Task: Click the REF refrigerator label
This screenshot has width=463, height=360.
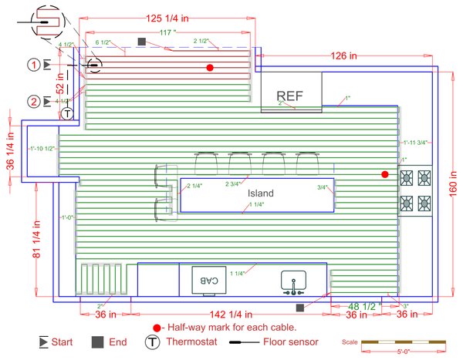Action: [290, 96]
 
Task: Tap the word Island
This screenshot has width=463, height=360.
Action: [261, 193]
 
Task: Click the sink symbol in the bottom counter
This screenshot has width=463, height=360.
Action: [294, 283]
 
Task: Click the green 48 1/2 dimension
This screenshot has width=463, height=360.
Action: [363, 306]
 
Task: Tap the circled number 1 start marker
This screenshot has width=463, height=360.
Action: [33, 64]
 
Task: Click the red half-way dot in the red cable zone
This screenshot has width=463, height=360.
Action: [209, 68]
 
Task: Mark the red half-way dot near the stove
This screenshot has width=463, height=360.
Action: [384, 175]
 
